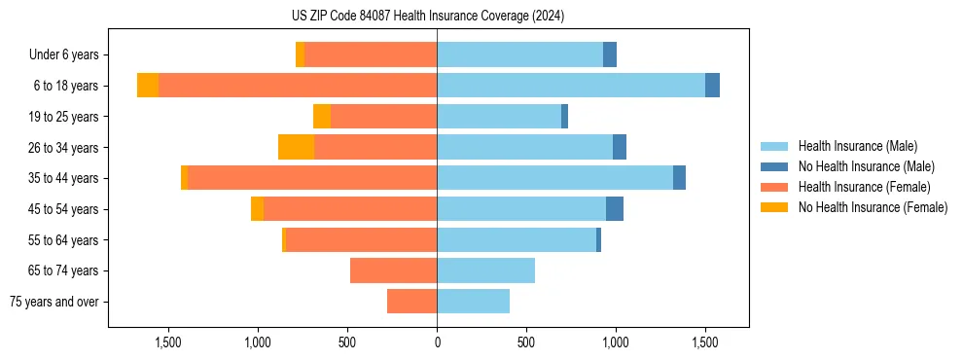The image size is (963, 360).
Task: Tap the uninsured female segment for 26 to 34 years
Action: click(x=296, y=147)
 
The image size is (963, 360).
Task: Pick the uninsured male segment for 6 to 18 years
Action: click(x=713, y=86)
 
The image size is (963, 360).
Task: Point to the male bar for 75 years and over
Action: click(x=474, y=302)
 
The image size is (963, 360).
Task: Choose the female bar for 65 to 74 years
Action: click(x=393, y=270)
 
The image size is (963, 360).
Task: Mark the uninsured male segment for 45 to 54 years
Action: click(x=615, y=209)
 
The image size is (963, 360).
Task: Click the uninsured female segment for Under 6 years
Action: click(x=300, y=54)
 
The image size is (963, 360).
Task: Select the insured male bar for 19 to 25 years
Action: click(x=499, y=117)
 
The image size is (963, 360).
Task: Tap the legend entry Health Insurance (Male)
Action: click(x=857, y=146)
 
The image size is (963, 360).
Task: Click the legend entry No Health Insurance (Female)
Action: click(x=873, y=207)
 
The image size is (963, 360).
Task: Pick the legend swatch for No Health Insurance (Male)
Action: click(x=774, y=166)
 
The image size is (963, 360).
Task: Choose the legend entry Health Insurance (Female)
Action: click(x=861, y=187)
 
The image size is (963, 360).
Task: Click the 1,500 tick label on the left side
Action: click(x=168, y=342)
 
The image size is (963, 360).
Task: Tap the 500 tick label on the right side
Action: click(x=526, y=342)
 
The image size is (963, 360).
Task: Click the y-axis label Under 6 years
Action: click(x=63, y=55)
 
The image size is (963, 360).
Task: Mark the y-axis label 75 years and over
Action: click(x=54, y=302)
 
